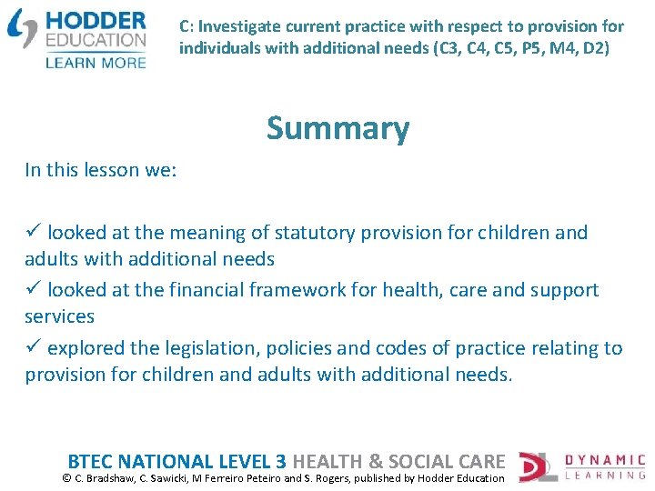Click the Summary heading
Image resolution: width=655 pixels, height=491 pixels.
click(338, 129)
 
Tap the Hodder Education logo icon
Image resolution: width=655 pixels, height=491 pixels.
click(22, 28)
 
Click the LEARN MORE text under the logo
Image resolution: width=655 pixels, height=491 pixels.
click(96, 62)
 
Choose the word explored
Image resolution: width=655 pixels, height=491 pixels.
click(86, 348)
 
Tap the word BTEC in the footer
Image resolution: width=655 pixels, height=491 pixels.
click(90, 461)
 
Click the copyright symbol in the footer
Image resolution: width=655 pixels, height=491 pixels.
click(66, 478)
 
